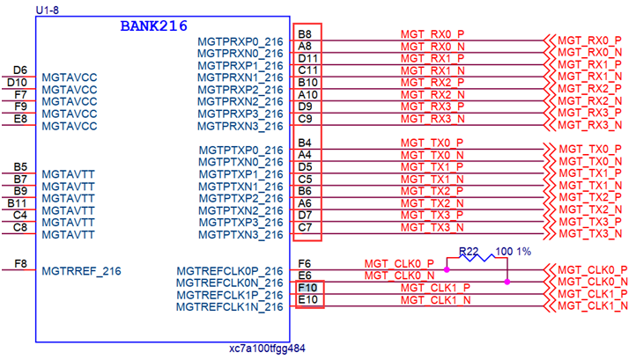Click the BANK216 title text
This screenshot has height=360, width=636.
point(153,26)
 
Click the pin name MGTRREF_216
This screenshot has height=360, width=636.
point(81,271)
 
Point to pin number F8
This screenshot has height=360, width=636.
point(20,262)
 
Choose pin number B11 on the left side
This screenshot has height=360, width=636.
point(17,203)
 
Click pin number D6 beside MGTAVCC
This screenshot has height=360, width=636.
point(20,70)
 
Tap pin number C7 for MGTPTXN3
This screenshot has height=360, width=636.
point(305,228)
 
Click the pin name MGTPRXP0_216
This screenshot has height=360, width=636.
point(240,41)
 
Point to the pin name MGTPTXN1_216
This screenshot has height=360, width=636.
point(240,186)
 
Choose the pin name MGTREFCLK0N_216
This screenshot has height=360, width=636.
point(230,283)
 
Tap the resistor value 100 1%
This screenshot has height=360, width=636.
point(514,253)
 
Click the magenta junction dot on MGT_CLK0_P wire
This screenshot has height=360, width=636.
point(447,270)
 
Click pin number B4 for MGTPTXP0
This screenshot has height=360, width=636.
point(305,143)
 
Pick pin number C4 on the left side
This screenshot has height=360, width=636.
point(20,215)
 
